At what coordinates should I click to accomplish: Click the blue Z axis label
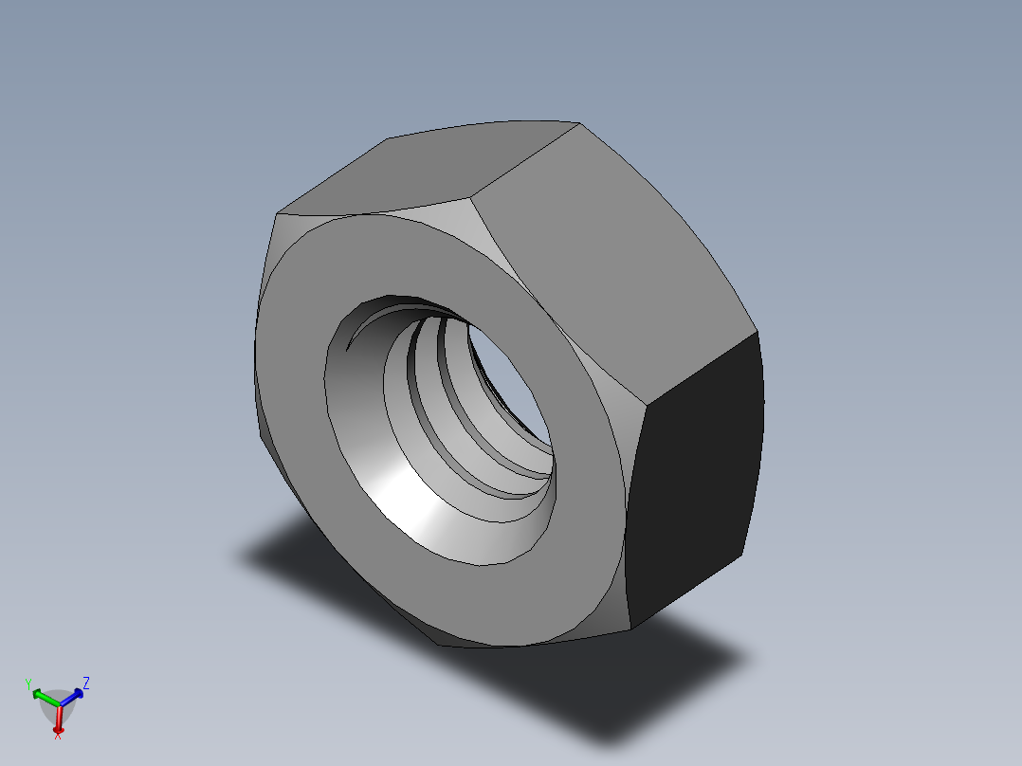click(x=86, y=682)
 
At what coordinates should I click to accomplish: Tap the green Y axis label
click(x=29, y=684)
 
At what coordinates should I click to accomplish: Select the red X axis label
click(x=58, y=736)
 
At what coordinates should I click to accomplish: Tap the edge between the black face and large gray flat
click(x=702, y=370)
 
